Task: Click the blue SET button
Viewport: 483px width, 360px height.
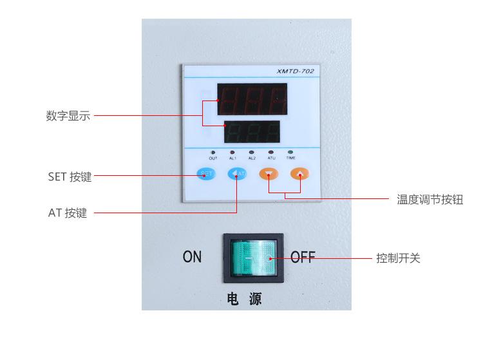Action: [x=205, y=173]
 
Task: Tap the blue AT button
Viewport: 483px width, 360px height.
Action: [x=237, y=173]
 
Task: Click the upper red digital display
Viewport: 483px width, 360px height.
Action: [x=252, y=99]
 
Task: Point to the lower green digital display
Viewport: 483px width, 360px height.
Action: [x=251, y=132]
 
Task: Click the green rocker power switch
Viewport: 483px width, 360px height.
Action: [x=253, y=258]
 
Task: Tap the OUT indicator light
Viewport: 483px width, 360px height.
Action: [x=213, y=153]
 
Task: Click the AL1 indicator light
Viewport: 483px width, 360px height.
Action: [x=232, y=153]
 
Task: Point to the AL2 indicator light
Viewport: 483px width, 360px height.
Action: [x=252, y=153]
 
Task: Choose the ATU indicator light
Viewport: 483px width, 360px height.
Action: [x=271, y=153]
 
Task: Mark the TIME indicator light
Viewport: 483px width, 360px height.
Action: [x=290, y=153]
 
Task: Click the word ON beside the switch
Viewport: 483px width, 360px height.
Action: [x=192, y=258]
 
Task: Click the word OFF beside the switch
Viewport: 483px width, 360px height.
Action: [x=303, y=258]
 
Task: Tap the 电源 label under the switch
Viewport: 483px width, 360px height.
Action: [x=245, y=299]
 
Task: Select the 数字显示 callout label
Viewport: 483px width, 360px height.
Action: [x=68, y=117]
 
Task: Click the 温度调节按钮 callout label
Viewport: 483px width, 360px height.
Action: [x=430, y=200]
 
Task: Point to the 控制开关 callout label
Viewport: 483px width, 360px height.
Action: [x=398, y=258]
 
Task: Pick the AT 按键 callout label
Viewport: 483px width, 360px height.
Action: [x=68, y=213]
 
